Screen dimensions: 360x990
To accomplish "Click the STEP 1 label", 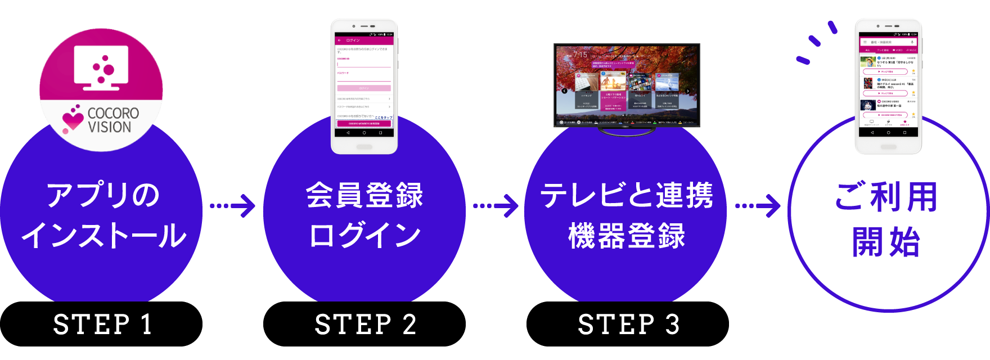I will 102,325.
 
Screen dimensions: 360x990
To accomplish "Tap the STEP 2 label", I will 366,325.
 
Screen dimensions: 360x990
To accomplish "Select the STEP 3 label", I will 629,325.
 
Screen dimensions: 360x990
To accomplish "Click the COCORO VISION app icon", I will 101,90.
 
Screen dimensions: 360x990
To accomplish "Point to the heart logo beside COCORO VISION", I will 73,119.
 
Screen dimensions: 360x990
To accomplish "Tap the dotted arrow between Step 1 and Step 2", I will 233,206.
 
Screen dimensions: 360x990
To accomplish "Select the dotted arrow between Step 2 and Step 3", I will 496,206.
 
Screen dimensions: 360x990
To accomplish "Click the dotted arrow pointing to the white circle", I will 758,206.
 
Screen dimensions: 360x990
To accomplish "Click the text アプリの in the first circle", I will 103,195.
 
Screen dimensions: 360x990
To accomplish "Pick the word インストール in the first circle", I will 103,236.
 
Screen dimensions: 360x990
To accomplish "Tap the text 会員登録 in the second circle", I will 364,195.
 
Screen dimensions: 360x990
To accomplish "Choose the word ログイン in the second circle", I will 364,236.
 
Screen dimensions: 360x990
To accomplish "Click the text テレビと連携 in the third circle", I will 627,195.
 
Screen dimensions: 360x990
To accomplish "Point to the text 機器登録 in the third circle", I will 627,236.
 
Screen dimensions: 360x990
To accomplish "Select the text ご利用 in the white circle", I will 886,197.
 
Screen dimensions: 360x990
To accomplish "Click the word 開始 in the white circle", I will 886,242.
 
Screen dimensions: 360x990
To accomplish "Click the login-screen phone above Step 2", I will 364,85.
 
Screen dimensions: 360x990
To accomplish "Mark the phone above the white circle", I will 888,85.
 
